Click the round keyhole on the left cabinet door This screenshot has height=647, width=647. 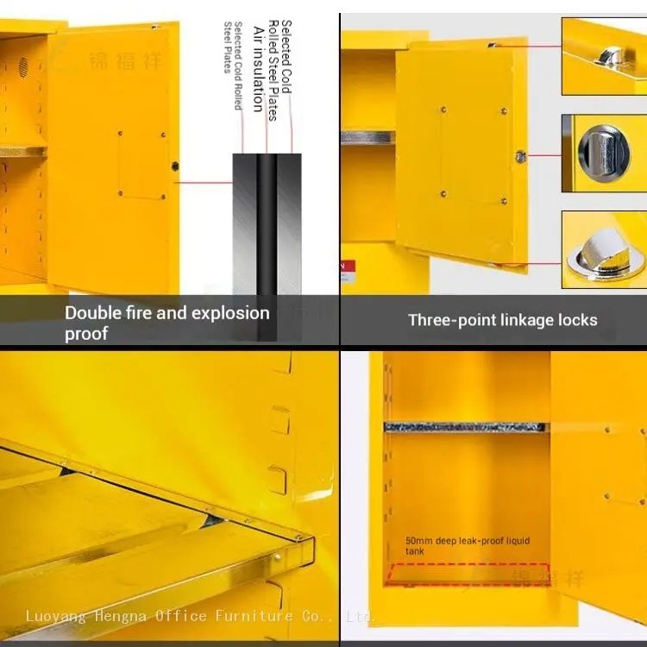point(175,166)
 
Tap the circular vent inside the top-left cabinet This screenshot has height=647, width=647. point(24,65)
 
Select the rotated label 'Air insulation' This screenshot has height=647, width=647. point(257,69)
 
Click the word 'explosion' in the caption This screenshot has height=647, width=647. point(229,313)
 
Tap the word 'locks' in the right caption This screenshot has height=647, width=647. point(573,320)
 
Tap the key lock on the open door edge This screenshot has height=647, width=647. point(520,156)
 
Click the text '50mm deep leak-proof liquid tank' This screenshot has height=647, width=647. point(467,545)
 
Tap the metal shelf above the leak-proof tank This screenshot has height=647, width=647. point(465,426)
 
